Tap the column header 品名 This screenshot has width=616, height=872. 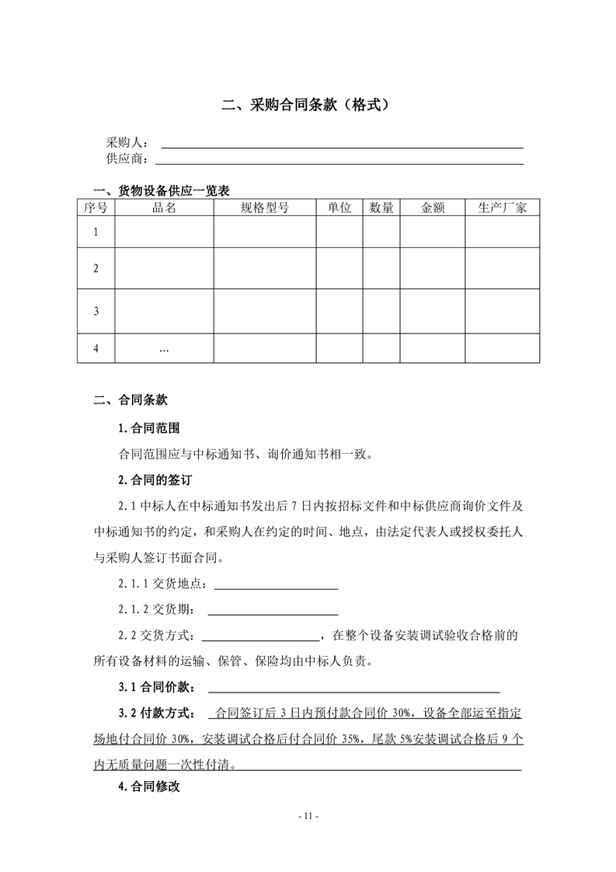pyautogui.click(x=164, y=208)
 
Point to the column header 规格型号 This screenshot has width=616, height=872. pyautogui.click(x=264, y=208)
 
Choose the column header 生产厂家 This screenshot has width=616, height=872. pyautogui.click(x=502, y=208)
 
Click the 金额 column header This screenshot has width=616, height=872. pyautogui.click(x=432, y=208)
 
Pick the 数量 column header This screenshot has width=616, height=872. pyautogui.click(x=381, y=208)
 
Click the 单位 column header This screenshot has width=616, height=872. pyautogui.click(x=339, y=208)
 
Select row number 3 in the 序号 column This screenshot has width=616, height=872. pyautogui.click(x=96, y=311)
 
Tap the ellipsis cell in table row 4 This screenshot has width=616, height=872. pyautogui.click(x=164, y=349)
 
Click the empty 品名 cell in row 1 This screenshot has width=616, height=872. pyautogui.click(x=164, y=232)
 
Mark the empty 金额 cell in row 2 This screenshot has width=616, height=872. pyautogui.click(x=432, y=268)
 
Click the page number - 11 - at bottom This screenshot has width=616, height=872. pyautogui.click(x=308, y=816)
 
